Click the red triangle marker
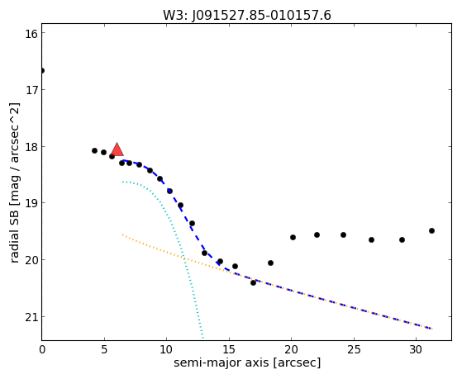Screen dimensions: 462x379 [117, 149]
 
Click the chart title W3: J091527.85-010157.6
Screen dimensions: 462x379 [247, 16]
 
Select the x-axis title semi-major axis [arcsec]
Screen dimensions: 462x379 [247, 362]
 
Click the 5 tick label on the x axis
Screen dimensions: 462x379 [104, 350]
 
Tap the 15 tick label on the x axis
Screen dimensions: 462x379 [229, 350]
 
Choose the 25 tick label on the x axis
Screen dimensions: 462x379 [354, 350]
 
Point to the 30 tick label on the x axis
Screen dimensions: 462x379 [416, 350]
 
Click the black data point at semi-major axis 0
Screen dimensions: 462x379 [42, 71]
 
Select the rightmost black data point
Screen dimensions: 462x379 [431, 231]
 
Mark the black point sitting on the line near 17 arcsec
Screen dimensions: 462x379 [253, 282]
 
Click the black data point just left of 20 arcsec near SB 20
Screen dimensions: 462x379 [270, 263]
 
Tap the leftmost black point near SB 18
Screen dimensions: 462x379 [94, 151]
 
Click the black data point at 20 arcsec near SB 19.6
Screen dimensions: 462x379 [293, 237]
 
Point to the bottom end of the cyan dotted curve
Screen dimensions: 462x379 [202, 338]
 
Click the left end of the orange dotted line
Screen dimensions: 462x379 [123, 235]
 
